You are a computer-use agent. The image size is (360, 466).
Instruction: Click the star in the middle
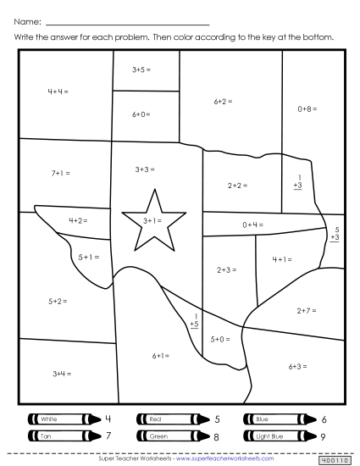[152, 221]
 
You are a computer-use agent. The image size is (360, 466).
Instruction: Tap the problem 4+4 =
[58, 91]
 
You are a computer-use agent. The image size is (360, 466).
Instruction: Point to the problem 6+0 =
[141, 114]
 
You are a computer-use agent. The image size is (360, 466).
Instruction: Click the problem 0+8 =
[307, 108]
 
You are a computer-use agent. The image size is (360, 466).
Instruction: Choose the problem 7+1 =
[60, 173]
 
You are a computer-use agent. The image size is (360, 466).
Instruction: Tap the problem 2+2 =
[237, 185]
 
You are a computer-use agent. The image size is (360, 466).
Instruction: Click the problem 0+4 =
[252, 225]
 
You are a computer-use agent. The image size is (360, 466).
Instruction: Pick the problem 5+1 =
[88, 256]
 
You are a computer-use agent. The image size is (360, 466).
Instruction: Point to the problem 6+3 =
[296, 366]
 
